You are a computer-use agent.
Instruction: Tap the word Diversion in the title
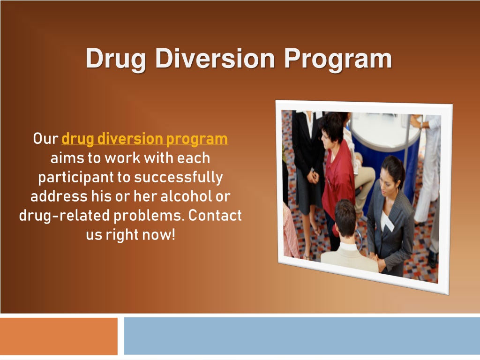point(215,58)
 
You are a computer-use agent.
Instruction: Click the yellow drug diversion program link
point(145,139)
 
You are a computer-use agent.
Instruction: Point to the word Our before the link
point(45,139)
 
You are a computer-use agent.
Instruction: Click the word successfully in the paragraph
point(179,178)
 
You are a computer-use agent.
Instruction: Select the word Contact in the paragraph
point(215,216)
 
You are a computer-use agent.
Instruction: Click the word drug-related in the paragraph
point(64,216)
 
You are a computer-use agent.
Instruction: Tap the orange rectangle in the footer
point(59,336)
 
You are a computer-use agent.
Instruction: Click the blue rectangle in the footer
point(302,336)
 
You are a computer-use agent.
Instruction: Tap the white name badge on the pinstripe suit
point(388,223)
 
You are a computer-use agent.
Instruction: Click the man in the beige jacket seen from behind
point(349,239)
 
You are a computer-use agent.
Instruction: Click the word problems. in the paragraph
point(150,216)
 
